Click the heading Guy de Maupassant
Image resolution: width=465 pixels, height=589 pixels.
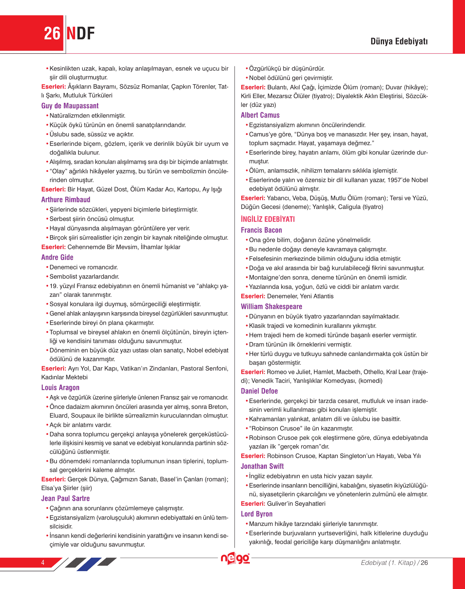coord(70,106)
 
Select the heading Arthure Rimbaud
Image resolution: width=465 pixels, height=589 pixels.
coord(66,199)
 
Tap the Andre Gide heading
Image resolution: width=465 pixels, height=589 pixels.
coord(57,257)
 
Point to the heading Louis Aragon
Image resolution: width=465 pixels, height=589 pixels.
coord(60,387)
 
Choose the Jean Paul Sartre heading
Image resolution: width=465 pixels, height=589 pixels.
coord(65,498)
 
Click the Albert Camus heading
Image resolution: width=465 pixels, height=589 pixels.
coord(260,115)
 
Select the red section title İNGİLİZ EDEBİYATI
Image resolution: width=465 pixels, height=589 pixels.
coord(268,219)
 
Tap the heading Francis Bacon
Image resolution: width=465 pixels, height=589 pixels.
coord(261,230)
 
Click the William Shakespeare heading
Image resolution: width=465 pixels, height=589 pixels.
coord(271,306)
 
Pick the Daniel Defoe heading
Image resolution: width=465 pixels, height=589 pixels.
coord(259,391)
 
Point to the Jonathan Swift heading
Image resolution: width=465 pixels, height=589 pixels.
coord(262,466)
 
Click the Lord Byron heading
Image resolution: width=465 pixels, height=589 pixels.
coord(256,514)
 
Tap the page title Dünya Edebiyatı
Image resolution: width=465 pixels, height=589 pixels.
coord(399,41)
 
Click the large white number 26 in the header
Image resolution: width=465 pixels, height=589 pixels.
coord(52,34)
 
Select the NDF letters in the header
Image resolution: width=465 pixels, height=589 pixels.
coord(81,34)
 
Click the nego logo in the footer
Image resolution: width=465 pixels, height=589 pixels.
coord(235,558)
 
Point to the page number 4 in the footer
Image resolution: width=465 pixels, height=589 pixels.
coord(43,562)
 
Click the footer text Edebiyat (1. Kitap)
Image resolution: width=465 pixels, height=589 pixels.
coord(388,562)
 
